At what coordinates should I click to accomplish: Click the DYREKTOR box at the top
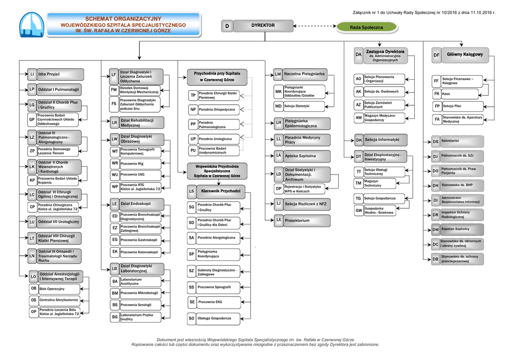point(262,25)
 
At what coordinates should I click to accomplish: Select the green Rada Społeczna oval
point(366,27)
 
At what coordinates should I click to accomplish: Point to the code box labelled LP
point(31,90)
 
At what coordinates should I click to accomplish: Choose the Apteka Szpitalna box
point(306,156)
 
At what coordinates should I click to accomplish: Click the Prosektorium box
point(306,220)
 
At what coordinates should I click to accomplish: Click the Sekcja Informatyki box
point(385,140)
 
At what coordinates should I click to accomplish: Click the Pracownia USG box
point(141,175)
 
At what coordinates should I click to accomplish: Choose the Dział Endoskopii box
point(141,203)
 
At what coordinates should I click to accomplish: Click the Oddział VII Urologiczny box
point(58,221)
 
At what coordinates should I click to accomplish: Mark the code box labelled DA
point(358,54)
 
